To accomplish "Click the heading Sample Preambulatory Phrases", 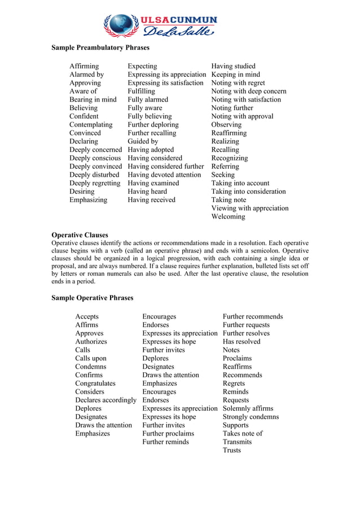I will pyautogui.click(x=95, y=47).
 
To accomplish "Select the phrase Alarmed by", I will pyautogui.click(x=86, y=75).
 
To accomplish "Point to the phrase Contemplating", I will pyautogui.click(x=91, y=125).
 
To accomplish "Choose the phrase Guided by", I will pyautogui.click(x=143, y=141).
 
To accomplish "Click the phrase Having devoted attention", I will pyautogui.click(x=164, y=175).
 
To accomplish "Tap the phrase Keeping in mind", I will pyautogui.click(x=235, y=75).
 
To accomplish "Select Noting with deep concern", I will pyautogui.click(x=248, y=91).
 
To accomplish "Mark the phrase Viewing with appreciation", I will pyautogui.click(x=249, y=208).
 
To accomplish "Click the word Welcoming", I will pyautogui.click(x=228, y=217).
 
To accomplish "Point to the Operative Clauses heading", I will pyautogui.click(x=80, y=235).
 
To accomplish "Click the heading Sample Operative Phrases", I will pyautogui.click(x=93, y=298).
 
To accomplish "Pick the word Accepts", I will pyautogui.click(x=87, y=317).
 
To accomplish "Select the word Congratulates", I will pyautogui.click(x=95, y=383).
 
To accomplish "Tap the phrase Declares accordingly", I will pyautogui.click(x=106, y=400).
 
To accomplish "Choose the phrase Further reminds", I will pyautogui.click(x=165, y=442).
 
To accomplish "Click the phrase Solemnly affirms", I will pyautogui.click(x=248, y=408).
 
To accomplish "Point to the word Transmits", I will pyautogui.click(x=237, y=442).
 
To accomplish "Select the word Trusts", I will pyautogui.click(x=231, y=451).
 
